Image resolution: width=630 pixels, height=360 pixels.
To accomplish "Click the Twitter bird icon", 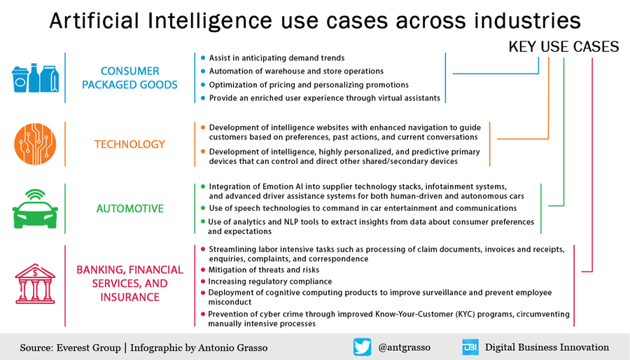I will (x=362, y=347).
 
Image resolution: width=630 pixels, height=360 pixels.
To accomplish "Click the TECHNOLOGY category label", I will (x=130, y=144).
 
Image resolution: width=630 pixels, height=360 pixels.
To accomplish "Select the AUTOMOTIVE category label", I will (x=130, y=208).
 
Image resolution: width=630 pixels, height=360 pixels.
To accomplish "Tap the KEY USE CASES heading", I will (x=563, y=47).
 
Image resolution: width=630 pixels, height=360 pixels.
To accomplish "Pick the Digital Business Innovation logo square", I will (x=470, y=347).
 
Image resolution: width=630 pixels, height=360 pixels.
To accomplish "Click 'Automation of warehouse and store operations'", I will (x=296, y=71).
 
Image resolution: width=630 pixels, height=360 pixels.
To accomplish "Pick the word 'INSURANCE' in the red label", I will (x=130, y=297).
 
